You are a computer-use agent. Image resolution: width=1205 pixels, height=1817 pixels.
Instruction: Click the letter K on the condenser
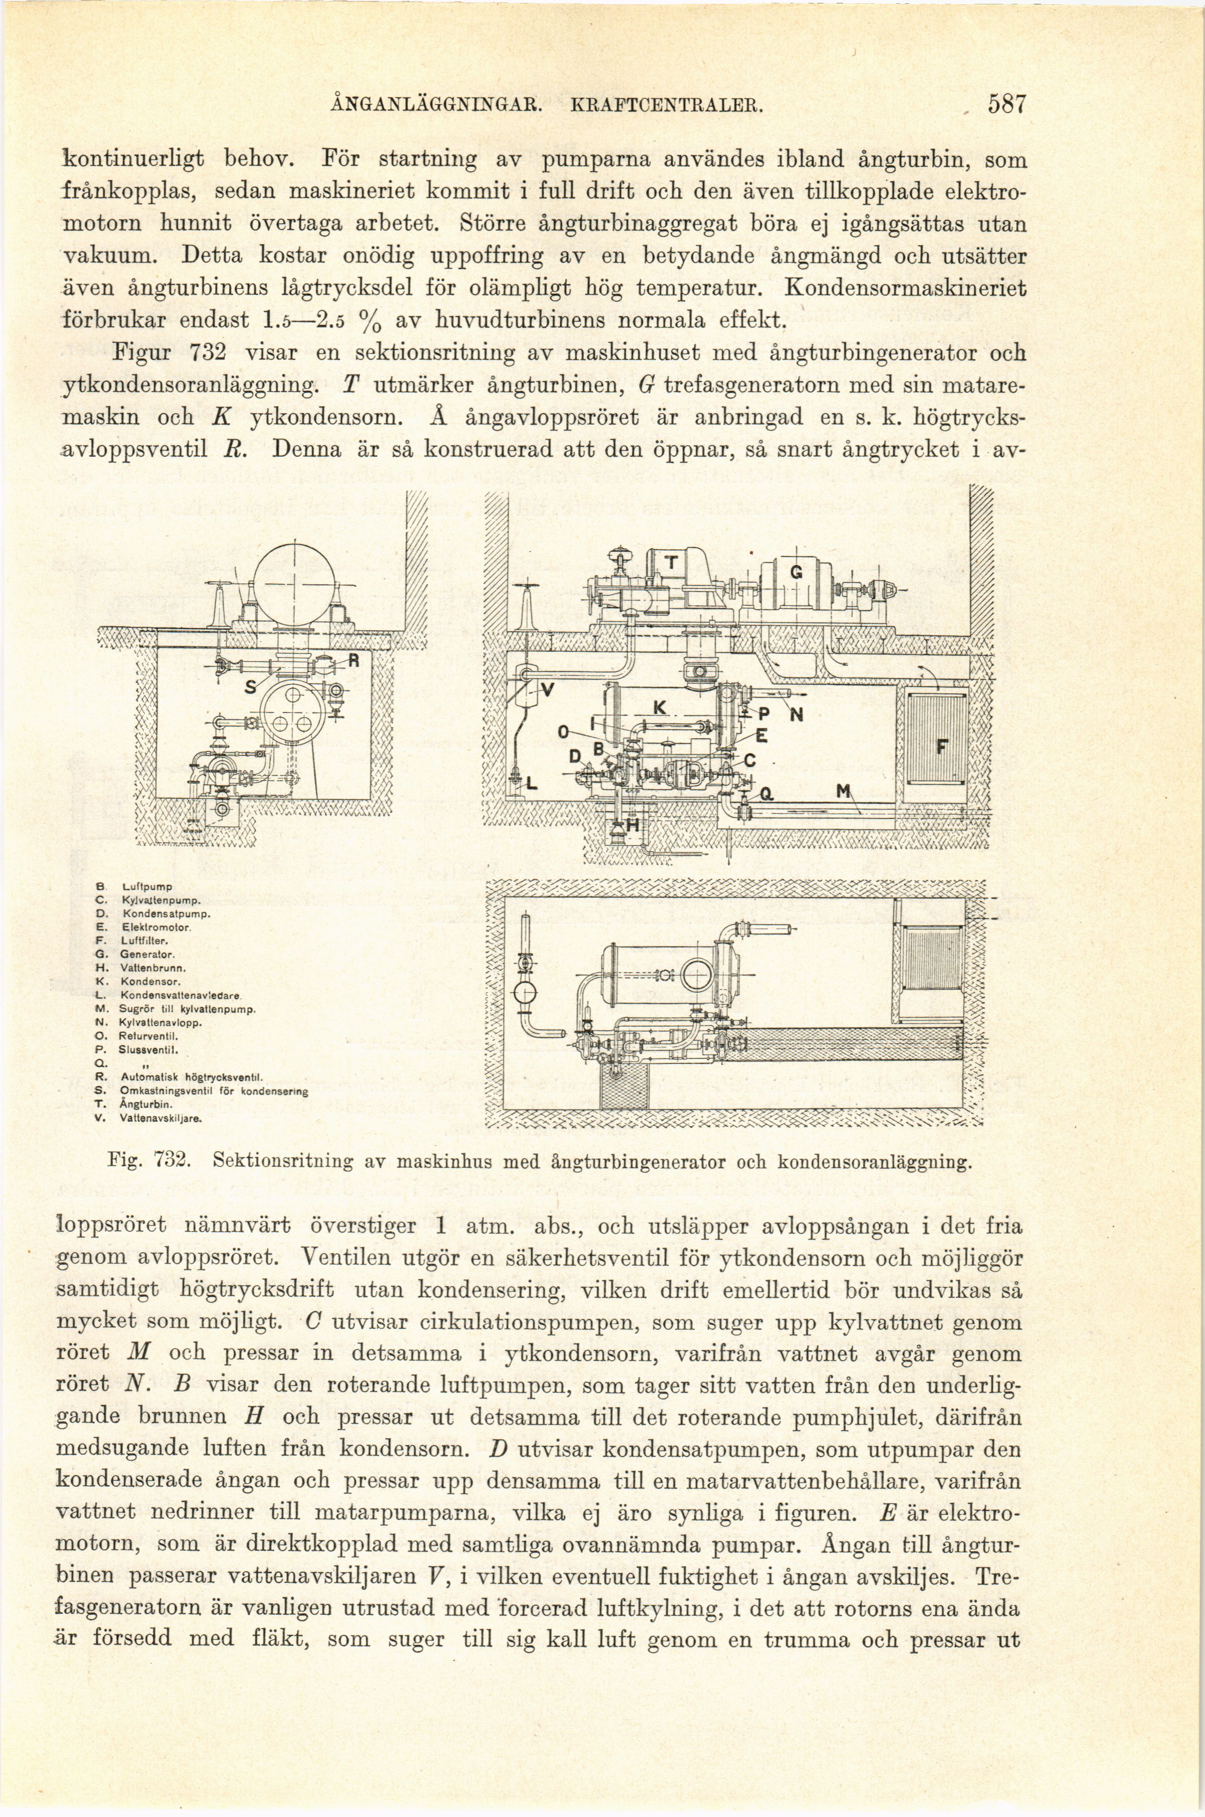[x=660, y=708]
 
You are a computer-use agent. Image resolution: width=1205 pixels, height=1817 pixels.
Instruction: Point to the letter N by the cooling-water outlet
[x=797, y=715]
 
